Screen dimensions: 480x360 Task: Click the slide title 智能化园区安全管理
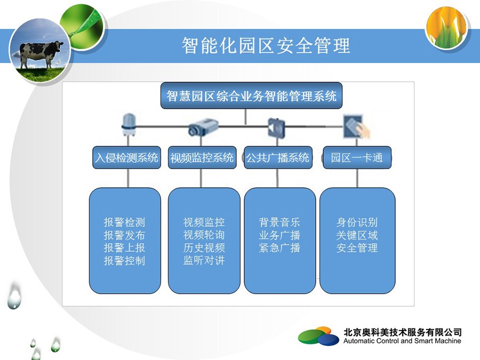(266, 46)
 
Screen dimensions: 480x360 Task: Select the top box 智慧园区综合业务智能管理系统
(251, 95)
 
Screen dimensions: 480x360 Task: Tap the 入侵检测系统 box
(127, 158)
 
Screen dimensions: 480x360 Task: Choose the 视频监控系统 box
(202, 158)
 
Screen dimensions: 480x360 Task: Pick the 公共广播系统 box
(278, 158)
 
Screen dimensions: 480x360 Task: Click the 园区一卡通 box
(357, 158)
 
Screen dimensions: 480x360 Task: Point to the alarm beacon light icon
(128, 125)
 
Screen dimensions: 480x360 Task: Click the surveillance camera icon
(203, 126)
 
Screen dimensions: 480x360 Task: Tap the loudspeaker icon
(276, 127)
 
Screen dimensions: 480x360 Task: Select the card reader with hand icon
(356, 126)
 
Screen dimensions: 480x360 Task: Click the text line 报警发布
(124, 235)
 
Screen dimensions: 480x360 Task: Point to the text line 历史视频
(204, 247)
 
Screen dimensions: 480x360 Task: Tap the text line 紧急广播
(279, 247)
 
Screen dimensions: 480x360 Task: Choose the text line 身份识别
(357, 222)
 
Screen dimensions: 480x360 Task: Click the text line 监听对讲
(204, 260)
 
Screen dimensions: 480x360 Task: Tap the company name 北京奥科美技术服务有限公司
(402, 332)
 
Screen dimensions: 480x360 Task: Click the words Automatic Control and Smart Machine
(402, 341)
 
